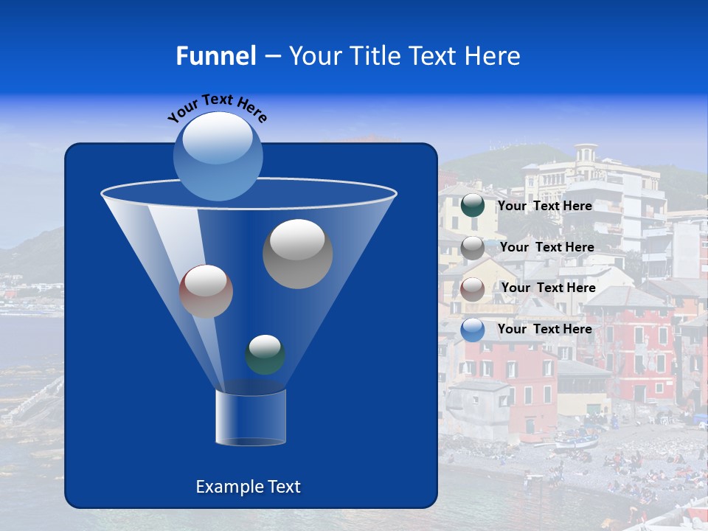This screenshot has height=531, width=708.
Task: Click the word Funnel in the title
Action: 215,55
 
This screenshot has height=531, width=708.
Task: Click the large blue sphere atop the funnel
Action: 218,156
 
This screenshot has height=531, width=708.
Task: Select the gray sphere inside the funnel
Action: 297,254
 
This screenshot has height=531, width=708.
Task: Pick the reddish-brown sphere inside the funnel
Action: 206,291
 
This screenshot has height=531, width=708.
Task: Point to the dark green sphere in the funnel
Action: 265,354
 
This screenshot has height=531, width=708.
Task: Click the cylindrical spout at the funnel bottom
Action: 250,417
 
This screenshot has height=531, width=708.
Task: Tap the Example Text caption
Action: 248,487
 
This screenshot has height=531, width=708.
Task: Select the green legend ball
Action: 473,206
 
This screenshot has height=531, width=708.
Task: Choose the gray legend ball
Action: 473,247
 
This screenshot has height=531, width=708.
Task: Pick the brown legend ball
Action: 473,288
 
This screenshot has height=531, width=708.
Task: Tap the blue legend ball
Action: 473,330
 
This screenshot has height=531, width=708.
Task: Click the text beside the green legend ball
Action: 544,206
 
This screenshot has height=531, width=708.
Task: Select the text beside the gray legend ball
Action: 546,247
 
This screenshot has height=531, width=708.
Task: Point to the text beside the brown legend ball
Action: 548,288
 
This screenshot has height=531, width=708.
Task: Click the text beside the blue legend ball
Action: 544,329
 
